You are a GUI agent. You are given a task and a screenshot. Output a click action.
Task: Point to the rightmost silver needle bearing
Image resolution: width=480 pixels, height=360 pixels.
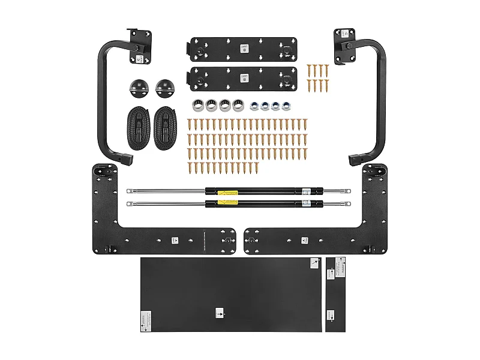[238, 104]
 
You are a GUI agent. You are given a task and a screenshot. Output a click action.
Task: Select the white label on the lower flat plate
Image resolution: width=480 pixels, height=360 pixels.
[244, 79]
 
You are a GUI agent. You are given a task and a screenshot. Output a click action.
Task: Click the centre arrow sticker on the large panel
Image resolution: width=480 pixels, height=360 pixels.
[219, 313]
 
